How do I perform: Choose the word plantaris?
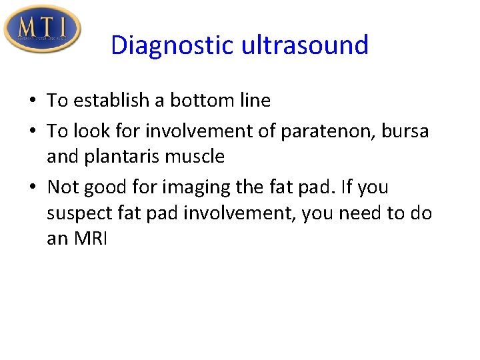pyautogui.click(x=117, y=157)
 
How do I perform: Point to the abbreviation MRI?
pyautogui.click(x=89, y=239)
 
